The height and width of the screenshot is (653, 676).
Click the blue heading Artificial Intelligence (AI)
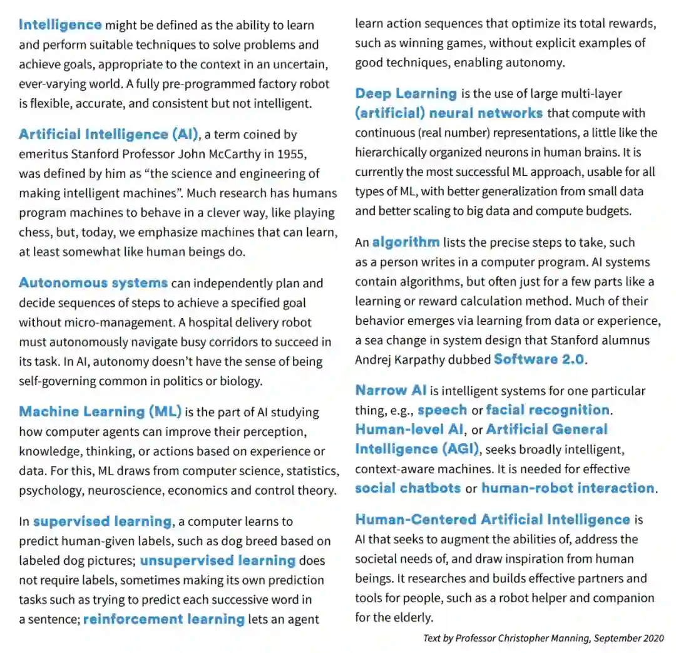(x=108, y=135)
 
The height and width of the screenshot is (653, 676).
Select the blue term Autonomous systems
(x=93, y=283)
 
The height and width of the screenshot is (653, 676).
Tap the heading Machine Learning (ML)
(x=100, y=412)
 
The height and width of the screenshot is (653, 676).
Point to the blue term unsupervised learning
(x=217, y=560)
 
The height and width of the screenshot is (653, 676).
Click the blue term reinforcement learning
(x=163, y=619)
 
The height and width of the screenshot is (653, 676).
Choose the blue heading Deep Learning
(x=406, y=94)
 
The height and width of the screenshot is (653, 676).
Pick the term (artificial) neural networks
(x=448, y=113)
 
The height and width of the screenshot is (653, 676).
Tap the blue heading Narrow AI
(x=391, y=391)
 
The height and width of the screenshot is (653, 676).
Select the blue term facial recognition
(x=548, y=410)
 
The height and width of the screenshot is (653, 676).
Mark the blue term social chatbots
(x=407, y=488)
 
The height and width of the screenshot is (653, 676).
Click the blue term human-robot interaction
(x=568, y=488)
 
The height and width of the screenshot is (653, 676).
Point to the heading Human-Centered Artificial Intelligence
(x=492, y=520)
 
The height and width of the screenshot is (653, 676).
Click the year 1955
(x=292, y=154)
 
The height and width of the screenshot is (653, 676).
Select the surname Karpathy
(x=462, y=360)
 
